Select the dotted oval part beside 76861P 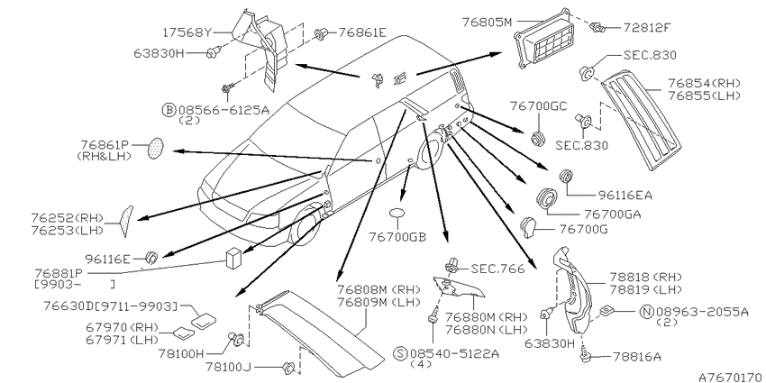click(156, 148)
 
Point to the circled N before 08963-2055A click(648, 312)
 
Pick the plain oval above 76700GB click(398, 214)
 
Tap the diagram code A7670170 click(730, 377)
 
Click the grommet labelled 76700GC click(538, 138)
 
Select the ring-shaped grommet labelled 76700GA click(547, 199)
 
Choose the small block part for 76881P click(233, 258)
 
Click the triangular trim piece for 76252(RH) click(126, 220)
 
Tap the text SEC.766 click(497, 269)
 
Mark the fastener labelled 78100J click(288, 367)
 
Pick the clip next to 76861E click(321, 34)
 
